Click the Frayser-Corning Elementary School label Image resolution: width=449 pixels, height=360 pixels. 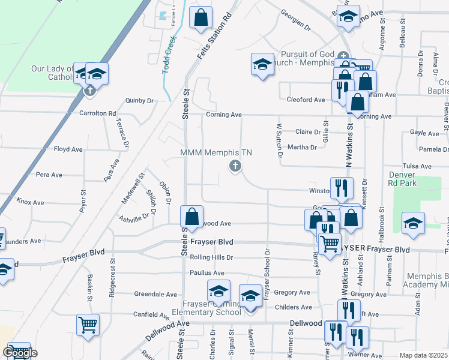pos(206,308)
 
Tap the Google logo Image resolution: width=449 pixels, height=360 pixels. pos(19,353)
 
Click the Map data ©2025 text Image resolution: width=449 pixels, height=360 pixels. pos(424,356)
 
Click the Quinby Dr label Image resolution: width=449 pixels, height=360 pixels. pos(139,100)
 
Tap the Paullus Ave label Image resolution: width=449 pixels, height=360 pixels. pos(206,273)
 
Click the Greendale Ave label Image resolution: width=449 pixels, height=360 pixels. pos(155,295)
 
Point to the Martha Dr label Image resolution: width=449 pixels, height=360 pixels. pos(302,147)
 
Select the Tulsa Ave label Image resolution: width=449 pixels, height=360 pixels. pos(417,166)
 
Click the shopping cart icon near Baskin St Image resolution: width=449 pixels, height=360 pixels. pos(88,325)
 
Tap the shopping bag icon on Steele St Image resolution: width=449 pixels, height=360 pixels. pos(191,216)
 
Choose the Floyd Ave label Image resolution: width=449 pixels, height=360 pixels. pos(68,149)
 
